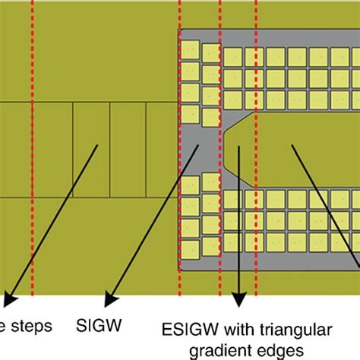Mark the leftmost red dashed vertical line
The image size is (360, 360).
tap(32, 152)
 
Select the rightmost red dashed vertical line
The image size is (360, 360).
tap(256, 152)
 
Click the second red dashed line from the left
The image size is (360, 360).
tap(179, 152)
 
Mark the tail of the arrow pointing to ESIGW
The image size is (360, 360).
tap(239, 146)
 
